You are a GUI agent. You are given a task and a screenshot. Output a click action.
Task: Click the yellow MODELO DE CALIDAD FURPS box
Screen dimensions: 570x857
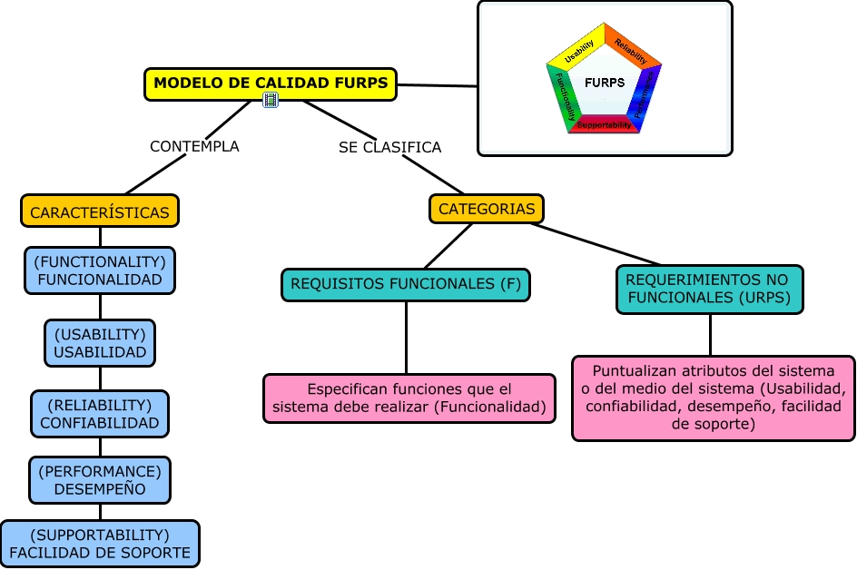tap(271, 84)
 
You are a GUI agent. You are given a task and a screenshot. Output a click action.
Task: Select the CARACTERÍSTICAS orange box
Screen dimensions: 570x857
tap(100, 212)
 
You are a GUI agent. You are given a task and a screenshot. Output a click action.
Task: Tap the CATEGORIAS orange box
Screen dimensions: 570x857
tap(487, 209)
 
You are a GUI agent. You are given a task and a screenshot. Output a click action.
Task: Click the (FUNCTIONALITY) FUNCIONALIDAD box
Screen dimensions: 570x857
tap(100, 270)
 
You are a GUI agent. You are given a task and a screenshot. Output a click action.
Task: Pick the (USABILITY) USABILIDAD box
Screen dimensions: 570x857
tap(100, 342)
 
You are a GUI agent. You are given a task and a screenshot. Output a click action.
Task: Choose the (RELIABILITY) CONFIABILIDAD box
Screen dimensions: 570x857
tap(100, 413)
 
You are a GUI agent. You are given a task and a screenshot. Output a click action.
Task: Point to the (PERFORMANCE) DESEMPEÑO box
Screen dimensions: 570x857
tap(100, 480)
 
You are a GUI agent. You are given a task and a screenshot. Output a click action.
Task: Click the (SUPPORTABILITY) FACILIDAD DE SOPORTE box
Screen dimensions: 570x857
tap(100, 544)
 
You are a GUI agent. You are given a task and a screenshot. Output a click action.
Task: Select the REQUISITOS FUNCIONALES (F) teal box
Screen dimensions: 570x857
tap(406, 284)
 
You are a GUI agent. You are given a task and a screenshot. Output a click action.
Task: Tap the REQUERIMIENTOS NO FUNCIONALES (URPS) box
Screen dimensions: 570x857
tap(710, 290)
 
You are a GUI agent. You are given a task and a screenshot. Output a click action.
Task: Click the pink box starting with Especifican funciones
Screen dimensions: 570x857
tap(409, 398)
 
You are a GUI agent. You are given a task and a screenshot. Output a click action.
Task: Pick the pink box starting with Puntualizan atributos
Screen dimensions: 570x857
tap(714, 398)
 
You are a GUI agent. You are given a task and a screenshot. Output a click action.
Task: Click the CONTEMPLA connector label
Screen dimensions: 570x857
tap(194, 146)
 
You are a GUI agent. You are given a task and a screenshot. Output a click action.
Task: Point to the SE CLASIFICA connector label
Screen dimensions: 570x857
tap(389, 147)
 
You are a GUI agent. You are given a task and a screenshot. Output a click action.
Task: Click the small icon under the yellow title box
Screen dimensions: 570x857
tap(271, 100)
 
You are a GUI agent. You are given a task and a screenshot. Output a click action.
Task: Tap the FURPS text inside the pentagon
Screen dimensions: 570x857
tap(605, 83)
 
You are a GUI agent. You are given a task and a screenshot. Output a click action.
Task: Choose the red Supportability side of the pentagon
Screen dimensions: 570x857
tap(605, 125)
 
